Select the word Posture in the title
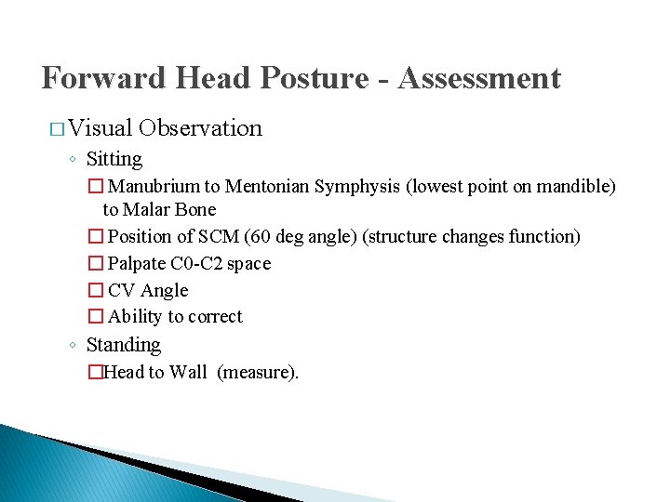pos(315,77)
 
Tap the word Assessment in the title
pos(479,77)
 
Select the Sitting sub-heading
pos(114,159)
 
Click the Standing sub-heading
pos(123,345)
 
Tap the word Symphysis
pos(359,187)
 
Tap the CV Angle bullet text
pos(148,291)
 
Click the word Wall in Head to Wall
pos(188,373)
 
